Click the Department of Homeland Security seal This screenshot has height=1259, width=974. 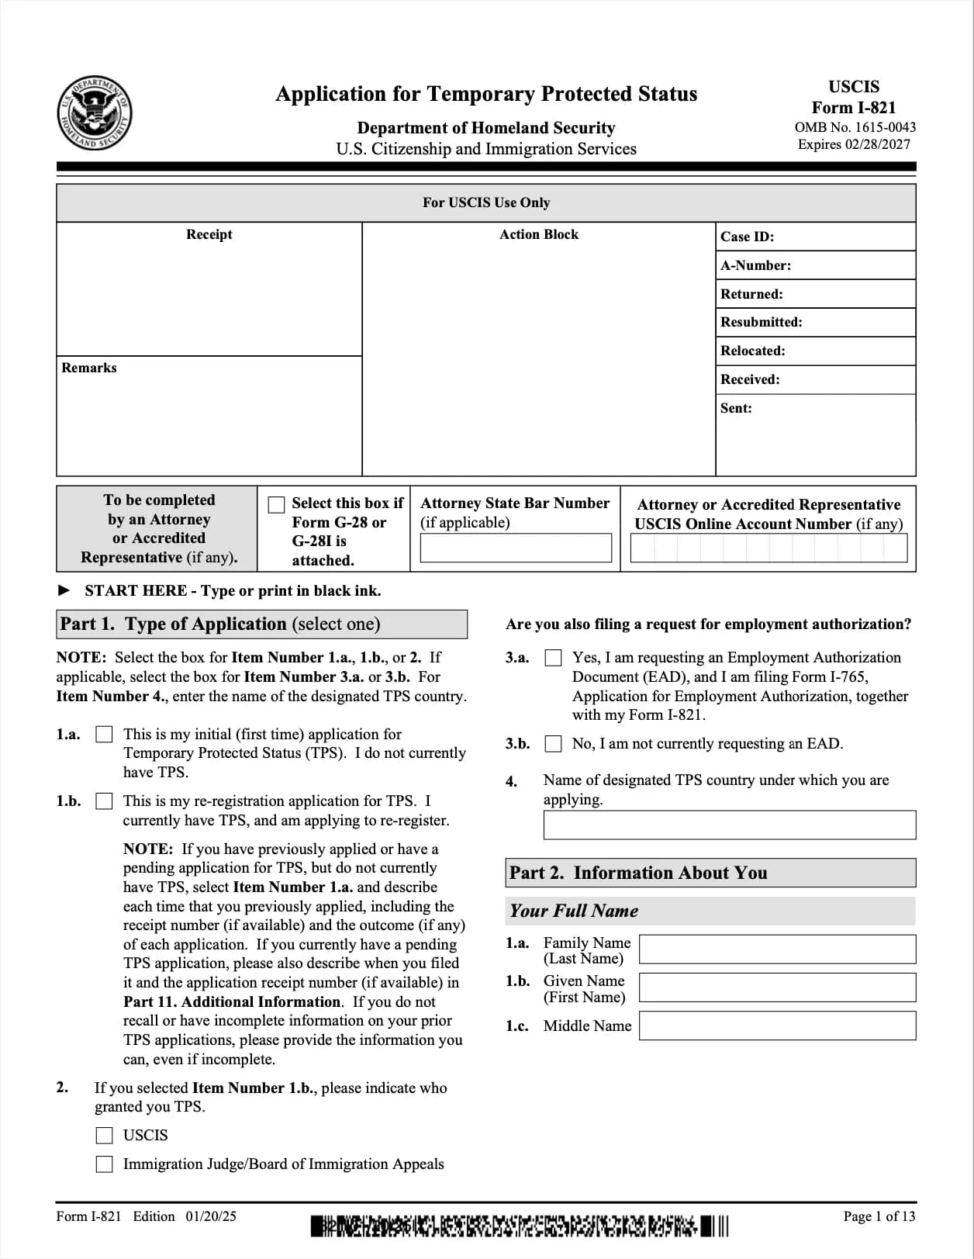pos(94,114)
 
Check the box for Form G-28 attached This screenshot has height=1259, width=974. pos(276,505)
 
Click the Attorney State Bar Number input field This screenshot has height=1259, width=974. pos(516,548)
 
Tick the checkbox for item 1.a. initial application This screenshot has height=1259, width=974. pos(104,734)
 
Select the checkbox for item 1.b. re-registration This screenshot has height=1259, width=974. pos(104,801)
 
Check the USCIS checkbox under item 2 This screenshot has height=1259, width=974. pos(104,1136)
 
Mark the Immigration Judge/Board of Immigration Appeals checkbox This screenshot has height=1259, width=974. pos(104,1164)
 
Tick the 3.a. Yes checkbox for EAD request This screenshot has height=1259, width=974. pos(553,658)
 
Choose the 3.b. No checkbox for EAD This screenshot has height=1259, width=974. pos(553,744)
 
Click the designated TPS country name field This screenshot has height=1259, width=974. pos(729,825)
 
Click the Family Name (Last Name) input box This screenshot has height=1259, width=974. pos(777,949)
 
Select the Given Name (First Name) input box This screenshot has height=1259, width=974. pos(777,987)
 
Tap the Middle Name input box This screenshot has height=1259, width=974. pos(777,1026)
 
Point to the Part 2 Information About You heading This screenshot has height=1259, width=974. pos(637,873)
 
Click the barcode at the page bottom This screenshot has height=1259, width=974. pos(520,1226)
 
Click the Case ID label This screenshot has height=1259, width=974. pos(747,237)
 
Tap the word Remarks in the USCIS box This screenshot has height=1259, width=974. pos(89,368)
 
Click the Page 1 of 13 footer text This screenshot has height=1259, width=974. pos(879,1216)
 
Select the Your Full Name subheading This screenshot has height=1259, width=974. pos(574,911)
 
